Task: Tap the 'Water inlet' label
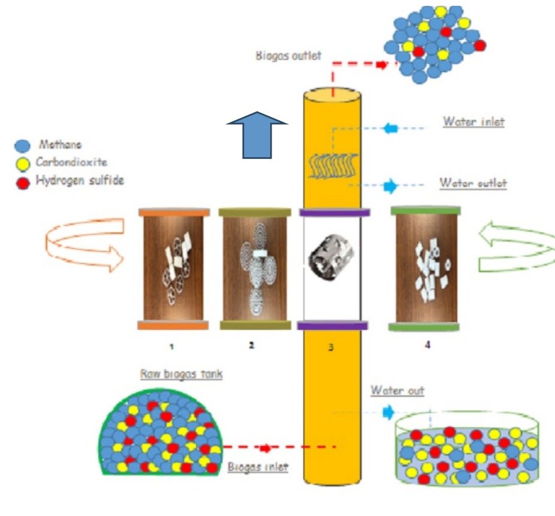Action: pyautogui.click(x=473, y=122)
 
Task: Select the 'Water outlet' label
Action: pyautogui.click(x=473, y=182)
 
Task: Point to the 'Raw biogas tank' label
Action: pyautogui.click(x=173, y=373)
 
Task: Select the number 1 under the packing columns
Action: pyautogui.click(x=172, y=346)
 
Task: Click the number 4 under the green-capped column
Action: pyautogui.click(x=427, y=345)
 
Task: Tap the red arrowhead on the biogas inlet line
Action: pyautogui.click(x=265, y=448)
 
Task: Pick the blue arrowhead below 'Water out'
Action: pyautogui.click(x=388, y=412)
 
